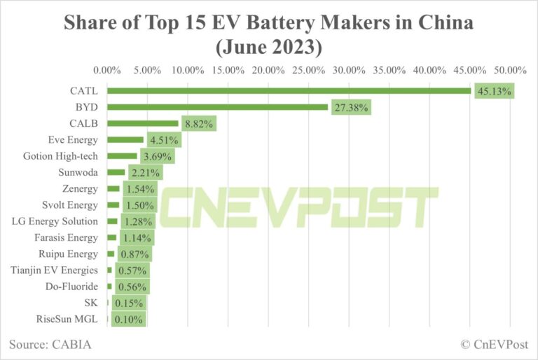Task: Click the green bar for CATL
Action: pyautogui.click(x=289, y=90)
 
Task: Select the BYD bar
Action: pyautogui.click(x=217, y=107)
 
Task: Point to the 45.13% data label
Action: pyautogui.click(x=495, y=91)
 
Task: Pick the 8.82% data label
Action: pyautogui.click(x=198, y=124)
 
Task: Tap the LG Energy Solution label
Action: pyautogui.click(x=55, y=221)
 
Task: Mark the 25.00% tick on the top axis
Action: pyautogui.click(x=309, y=70)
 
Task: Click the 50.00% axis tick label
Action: pyautogui.click(x=511, y=70)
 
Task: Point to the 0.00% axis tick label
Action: pyautogui.click(x=107, y=70)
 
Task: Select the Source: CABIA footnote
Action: pyautogui.click(x=50, y=345)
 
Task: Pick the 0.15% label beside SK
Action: pyautogui.click(x=128, y=303)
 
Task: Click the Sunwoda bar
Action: pyautogui.click(x=116, y=172)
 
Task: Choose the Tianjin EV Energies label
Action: pyautogui.click(x=55, y=270)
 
